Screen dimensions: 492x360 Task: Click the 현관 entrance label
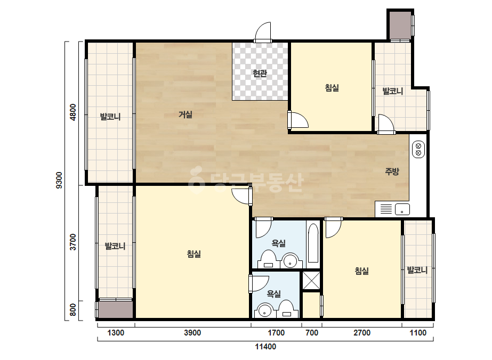click(260, 73)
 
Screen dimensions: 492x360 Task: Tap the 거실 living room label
click(185, 114)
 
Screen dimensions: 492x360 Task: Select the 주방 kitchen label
click(392, 171)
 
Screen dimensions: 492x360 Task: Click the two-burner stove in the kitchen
click(418, 149)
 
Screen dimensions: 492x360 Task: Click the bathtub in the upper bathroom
click(313, 243)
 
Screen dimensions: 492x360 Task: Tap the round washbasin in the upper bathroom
click(289, 261)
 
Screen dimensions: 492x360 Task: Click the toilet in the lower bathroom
click(286, 309)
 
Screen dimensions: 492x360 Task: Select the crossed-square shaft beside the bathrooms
click(311, 280)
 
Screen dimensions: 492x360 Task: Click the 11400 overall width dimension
click(265, 347)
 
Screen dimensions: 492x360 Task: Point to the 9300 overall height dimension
click(59, 181)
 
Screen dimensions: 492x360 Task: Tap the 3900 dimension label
click(192, 333)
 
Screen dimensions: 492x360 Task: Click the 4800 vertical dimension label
click(73, 112)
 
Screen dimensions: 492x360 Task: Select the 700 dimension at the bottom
click(312, 333)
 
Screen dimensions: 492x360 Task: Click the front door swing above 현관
click(263, 31)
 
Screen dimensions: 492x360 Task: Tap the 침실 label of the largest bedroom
click(194, 253)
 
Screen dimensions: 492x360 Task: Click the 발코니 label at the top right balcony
click(392, 91)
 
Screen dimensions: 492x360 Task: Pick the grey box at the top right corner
click(400, 25)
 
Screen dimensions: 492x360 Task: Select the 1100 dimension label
click(418, 333)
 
